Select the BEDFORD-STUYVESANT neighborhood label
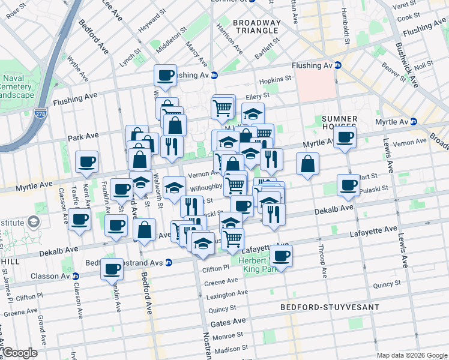tap(330, 307)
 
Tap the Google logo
tap(20, 353)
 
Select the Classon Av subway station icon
tap(76, 277)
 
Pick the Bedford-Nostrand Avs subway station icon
tap(169, 263)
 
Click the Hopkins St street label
tap(275, 79)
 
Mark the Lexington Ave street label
tap(226, 296)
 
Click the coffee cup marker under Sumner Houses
tap(345, 137)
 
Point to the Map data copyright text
tap(412, 355)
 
